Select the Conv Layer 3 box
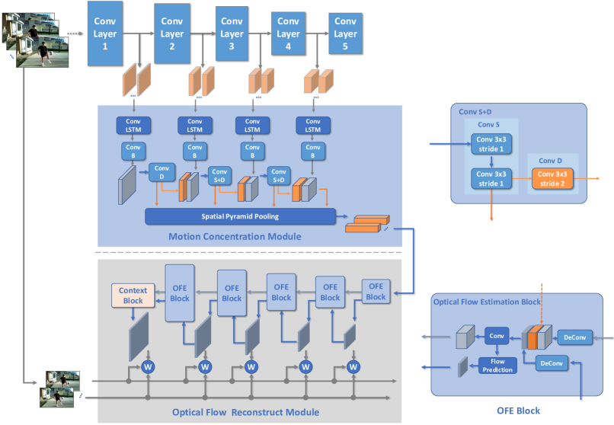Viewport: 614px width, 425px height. [x=231, y=34]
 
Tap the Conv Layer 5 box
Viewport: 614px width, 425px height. [x=345, y=34]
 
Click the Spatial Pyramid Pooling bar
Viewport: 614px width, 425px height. [x=240, y=217]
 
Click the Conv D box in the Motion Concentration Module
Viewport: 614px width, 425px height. [x=160, y=171]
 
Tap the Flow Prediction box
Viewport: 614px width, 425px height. [x=497, y=366]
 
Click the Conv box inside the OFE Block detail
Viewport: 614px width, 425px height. [x=496, y=337]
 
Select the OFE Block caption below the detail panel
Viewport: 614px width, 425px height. [x=517, y=411]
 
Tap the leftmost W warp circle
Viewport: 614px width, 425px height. [x=149, y=366]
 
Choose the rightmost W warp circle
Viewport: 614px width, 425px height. [x=353, y=366]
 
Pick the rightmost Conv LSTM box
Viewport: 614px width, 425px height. [x=312, y=123]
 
